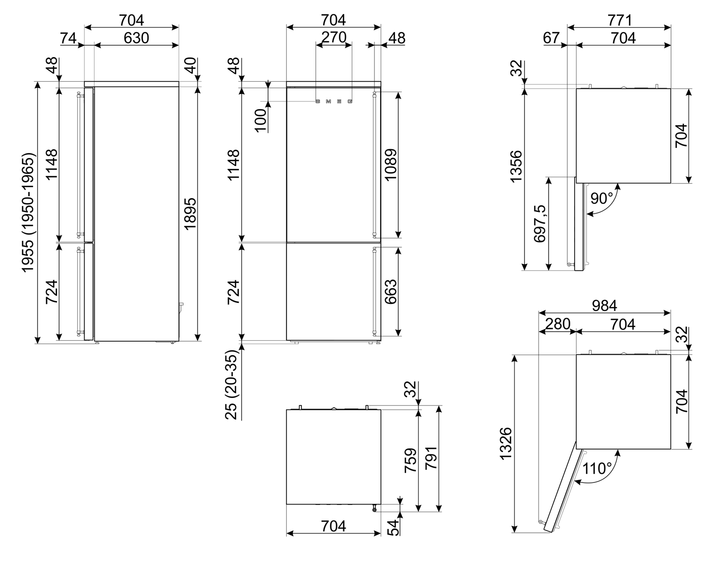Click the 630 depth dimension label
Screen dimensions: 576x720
(136, 38)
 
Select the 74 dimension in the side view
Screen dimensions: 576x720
(69, 38)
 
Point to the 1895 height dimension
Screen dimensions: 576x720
(190, 213)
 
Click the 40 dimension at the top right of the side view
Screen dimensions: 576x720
(190, 66)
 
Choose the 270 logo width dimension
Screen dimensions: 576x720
(334, 37)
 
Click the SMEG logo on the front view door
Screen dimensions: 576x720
(334, 101)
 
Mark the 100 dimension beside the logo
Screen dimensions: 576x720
(260, 120)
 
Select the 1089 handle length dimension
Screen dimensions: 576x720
(391, 165)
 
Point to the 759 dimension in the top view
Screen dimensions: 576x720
(410, 460)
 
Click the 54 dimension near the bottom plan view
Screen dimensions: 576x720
(393, 527)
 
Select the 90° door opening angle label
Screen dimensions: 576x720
(601, 198)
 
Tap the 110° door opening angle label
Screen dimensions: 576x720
(597, 468)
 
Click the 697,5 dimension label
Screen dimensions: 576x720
(540, 223)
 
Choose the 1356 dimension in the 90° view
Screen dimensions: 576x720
(516, 167)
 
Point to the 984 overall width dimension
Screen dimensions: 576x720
(604, 305)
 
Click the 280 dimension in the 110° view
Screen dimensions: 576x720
(557, 324)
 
